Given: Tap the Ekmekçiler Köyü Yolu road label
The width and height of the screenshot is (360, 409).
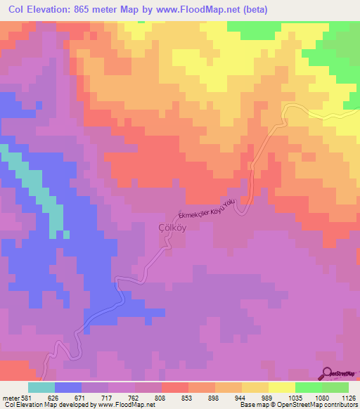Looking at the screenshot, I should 204,208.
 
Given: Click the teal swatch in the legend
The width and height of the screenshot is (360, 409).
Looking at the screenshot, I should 41,387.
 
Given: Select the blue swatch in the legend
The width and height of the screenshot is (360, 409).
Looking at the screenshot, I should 68,387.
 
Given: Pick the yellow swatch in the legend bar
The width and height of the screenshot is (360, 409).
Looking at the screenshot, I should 282,387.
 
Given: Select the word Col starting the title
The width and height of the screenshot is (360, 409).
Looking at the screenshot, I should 15,8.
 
